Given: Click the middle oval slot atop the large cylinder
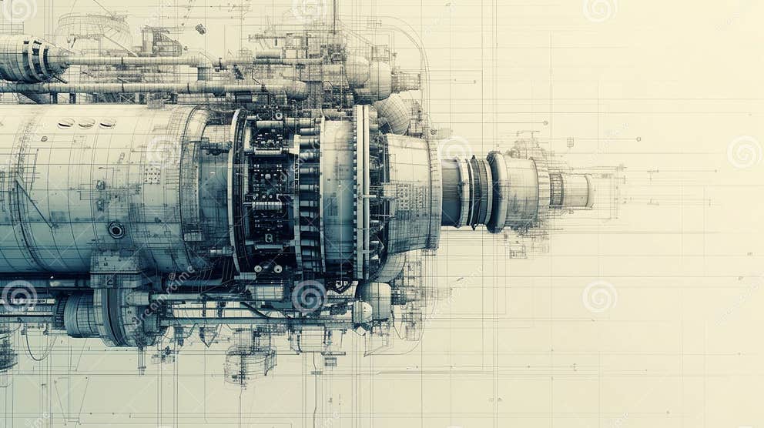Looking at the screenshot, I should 86,123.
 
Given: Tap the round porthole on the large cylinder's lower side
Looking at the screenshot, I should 116,229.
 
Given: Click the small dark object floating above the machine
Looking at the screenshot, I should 200,28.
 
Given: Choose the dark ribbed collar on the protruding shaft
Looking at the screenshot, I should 479,192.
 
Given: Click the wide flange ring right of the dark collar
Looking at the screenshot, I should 498,192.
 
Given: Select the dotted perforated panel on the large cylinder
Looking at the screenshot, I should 152,174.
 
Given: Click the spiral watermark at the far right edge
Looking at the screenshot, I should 744,152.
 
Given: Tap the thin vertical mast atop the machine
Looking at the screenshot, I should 334,19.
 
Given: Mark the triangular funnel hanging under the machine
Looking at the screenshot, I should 208,335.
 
